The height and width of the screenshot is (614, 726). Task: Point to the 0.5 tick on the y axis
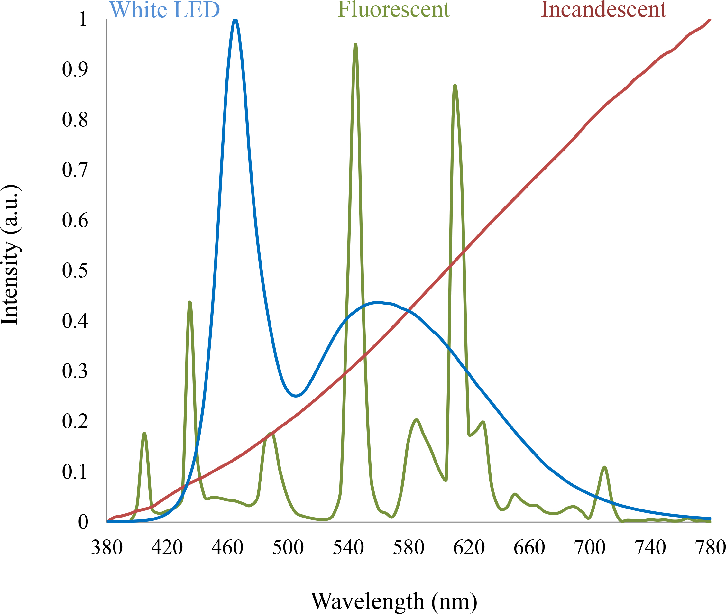click(75, 270)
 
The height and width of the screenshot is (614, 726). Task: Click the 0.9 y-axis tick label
click(75, 69)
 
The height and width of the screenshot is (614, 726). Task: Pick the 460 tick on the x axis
click(227, 547)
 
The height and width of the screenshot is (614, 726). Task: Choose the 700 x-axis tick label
click(590, 547)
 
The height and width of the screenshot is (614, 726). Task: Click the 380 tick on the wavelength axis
click(107, 547)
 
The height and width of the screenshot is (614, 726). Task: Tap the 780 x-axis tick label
click(710, 547)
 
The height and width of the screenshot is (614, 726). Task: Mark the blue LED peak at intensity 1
click(235, 20)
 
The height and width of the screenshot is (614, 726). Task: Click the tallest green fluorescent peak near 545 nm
click(355, 45)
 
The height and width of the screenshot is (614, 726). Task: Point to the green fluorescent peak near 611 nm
click(455, 86)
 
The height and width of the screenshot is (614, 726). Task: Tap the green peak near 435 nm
click(190, 302)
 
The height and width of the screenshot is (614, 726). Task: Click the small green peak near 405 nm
click(144, 433)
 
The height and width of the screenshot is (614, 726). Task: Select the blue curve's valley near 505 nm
click(296, 396)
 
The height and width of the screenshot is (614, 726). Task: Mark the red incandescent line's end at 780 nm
click(710, 20)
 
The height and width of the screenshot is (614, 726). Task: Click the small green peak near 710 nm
click(604, 467)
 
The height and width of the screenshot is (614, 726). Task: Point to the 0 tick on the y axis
click(83, 522)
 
